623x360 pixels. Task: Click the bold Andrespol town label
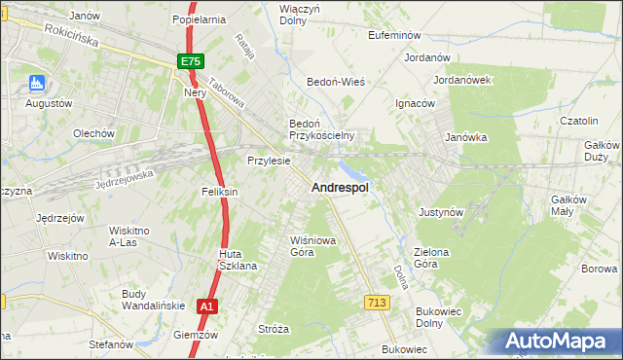(x=339, y=189)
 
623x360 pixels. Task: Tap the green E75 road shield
(x=191, y=61)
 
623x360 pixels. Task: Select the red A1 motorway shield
(x=206, y=306)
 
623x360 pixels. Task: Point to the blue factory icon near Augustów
(x=37, y=84)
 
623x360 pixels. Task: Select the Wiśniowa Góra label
(x=303, y=245)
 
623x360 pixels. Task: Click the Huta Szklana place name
(x=237, y=260)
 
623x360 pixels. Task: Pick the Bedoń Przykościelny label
(x=321, y=129)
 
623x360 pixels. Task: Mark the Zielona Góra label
(x=431, y=258)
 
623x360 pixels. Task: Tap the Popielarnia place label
(x=199, y=18)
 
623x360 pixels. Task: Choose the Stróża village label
(x=275, y=329)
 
